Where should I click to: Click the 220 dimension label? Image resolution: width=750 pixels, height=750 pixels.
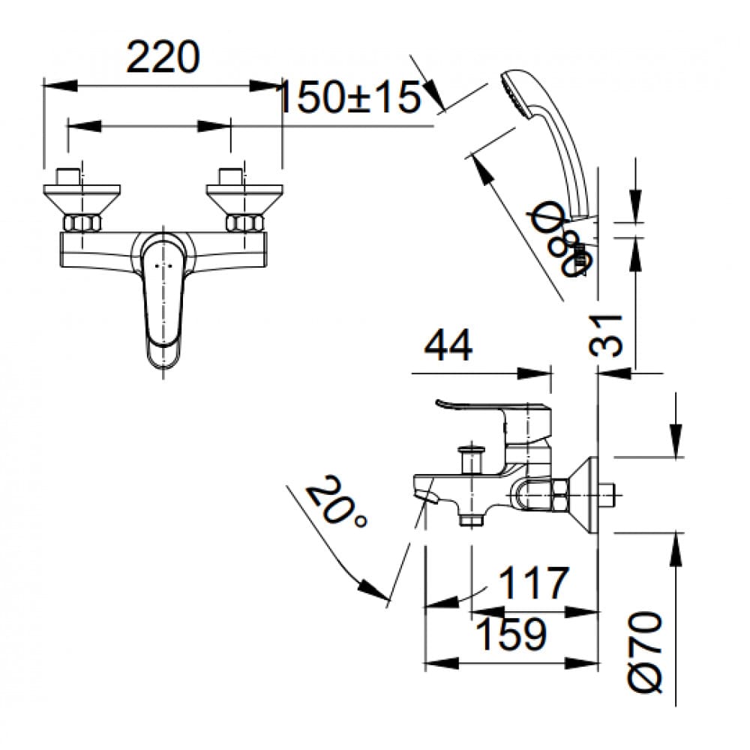[x=163, y=58]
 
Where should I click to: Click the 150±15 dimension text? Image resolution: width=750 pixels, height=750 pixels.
[x=349, y=97]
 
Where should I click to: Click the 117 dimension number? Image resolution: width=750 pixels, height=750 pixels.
[x=534, y=583]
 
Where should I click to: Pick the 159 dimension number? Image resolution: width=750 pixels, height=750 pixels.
[x=511, y=634]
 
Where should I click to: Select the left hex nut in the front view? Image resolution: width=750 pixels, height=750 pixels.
[x=81, y=223]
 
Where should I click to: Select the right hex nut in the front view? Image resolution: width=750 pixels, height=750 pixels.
[x=244, y=223]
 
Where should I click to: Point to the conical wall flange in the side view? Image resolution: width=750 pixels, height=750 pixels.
[x=585, y=493]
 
